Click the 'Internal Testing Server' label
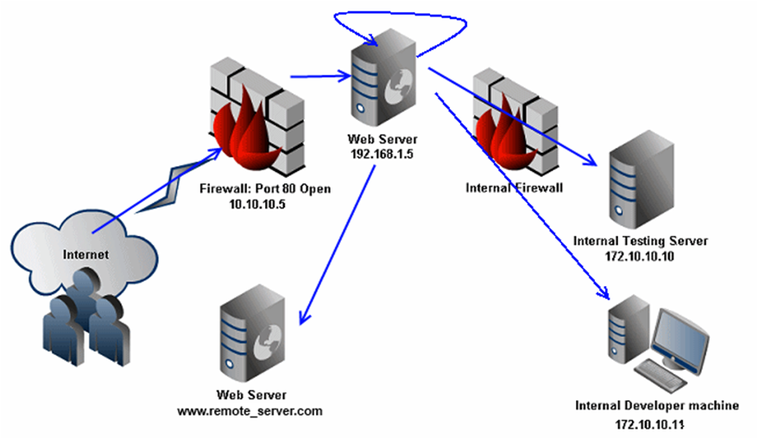pos(641,240)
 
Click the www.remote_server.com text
pos(250,411)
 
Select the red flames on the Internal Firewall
pos(505,134)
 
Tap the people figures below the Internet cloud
pos(85,316)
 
